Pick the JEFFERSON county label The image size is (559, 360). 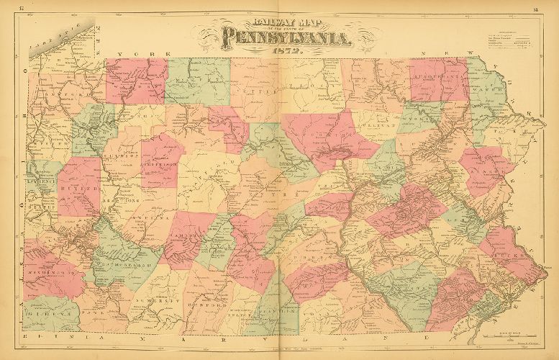tap(163, 163)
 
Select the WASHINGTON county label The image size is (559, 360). tap(46, 274)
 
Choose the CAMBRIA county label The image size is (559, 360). tap(186, 235)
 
